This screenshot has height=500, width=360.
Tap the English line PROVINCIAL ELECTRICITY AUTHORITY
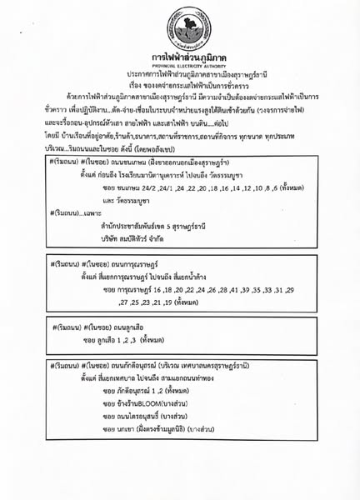point(181,65)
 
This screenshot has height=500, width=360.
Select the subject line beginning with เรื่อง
point(181,85)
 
